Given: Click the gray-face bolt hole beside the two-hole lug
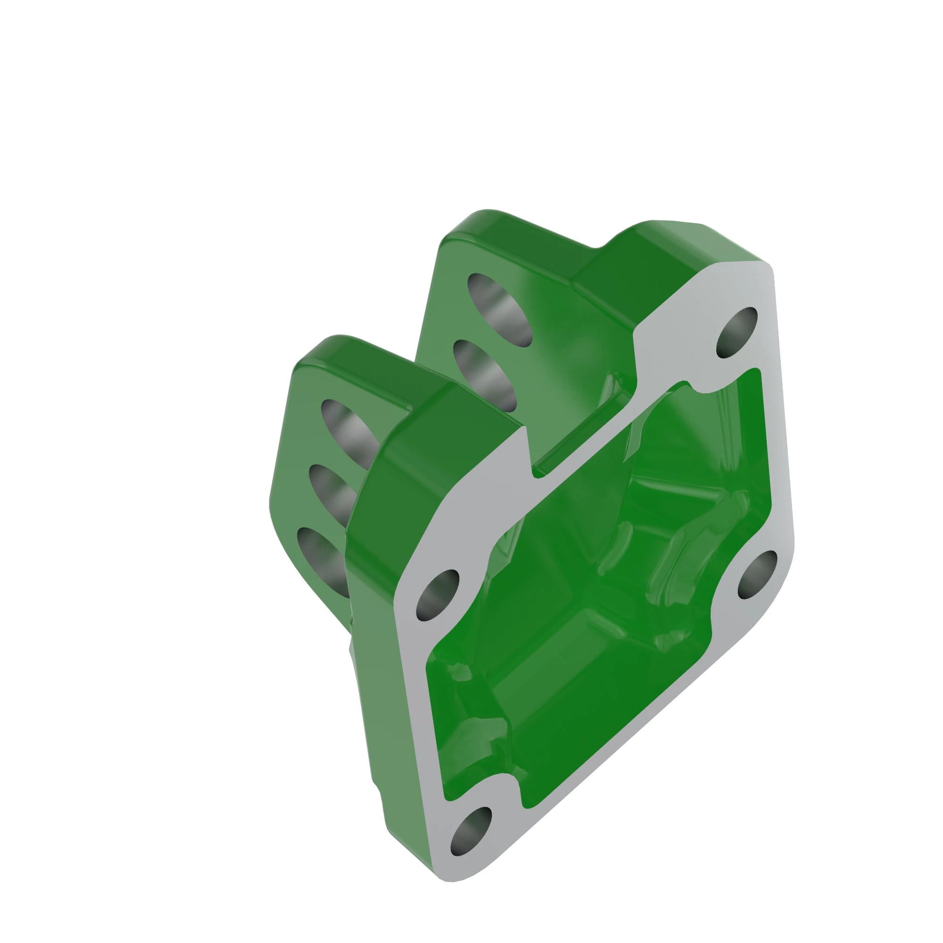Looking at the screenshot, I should point(737,332).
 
